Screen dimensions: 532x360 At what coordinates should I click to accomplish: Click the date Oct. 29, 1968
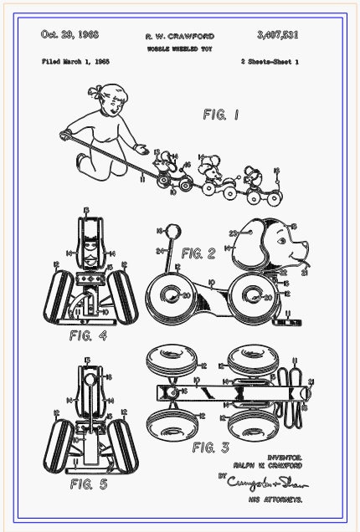(69, 35)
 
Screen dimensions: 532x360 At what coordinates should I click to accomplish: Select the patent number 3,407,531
(278, 35)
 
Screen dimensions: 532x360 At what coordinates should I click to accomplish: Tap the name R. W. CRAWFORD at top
(179, 37)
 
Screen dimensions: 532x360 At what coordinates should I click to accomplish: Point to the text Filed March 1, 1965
(76, 63)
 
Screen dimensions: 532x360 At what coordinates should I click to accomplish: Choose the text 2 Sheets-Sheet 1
(269, 63)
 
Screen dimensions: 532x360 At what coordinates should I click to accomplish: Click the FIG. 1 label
(221, 115)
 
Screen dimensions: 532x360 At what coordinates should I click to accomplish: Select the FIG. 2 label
(198, 253)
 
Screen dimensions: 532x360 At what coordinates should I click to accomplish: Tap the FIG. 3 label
(209, 448)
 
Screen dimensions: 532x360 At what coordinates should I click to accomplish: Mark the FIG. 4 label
(88, 336)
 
